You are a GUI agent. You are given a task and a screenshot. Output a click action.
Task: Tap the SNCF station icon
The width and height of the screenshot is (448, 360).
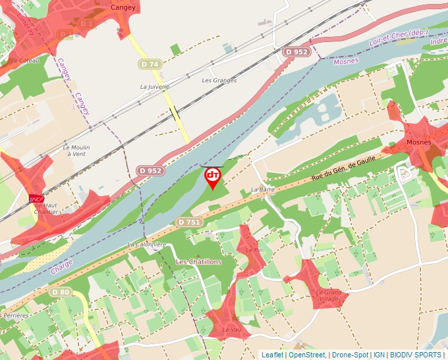[x=36, y=198]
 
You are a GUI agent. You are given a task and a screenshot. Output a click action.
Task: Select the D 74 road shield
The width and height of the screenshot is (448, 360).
[x=150, y=64]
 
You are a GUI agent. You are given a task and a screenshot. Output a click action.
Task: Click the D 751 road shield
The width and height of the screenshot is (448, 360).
[x=188, y=222]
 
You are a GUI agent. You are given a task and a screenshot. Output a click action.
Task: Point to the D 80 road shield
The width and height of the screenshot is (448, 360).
[x=60, y=292]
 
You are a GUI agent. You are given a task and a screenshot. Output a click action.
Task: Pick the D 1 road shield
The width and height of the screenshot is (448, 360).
[x=87, y=24]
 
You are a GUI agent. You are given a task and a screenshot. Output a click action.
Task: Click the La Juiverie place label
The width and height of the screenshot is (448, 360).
[x=155, y=86]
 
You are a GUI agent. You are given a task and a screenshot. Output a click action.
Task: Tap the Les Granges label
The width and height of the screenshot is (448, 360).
[x=219, y=80]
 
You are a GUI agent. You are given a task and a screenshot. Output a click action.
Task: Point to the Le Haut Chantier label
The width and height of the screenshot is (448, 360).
[x=45, y=208]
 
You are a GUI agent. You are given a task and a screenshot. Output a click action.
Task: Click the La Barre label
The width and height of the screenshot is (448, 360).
[x=263, y=190]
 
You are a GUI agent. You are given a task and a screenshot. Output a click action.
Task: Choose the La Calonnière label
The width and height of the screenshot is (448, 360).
[x=146, y=244]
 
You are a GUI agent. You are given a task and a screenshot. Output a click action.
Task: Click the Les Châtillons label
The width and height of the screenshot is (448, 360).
[x=199, y=262]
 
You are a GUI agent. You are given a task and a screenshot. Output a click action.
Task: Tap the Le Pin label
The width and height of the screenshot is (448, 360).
[x=254, y=250]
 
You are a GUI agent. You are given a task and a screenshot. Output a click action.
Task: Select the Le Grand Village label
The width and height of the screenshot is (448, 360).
[x=327, y=296]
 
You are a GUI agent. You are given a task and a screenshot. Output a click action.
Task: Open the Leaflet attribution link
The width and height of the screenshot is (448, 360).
[x=272, y=355]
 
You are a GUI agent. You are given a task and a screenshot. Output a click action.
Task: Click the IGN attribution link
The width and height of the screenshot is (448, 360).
[x=379, y=355]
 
